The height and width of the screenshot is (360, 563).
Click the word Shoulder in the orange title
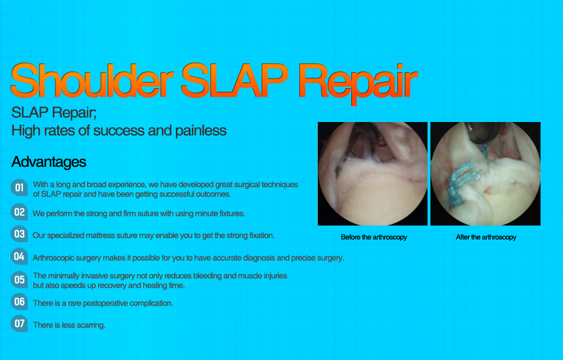coord(92,80)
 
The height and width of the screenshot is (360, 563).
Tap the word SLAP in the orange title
coord(235,80)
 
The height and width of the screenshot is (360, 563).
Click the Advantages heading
coord(49,162)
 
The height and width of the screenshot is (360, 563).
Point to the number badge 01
coord(19,187)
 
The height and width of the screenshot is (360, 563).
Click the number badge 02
coord(19,212)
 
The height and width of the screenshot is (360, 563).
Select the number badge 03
coord(19,234)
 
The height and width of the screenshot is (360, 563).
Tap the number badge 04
coord(19,256)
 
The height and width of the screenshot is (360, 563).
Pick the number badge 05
coord(19,280)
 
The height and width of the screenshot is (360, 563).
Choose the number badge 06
coord(19,302)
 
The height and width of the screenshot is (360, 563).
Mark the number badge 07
coord(19,323)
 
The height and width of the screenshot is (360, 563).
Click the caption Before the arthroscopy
coord(374,237)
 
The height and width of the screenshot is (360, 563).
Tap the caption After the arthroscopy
coord(486,237)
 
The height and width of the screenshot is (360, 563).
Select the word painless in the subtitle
coord(201,130)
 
